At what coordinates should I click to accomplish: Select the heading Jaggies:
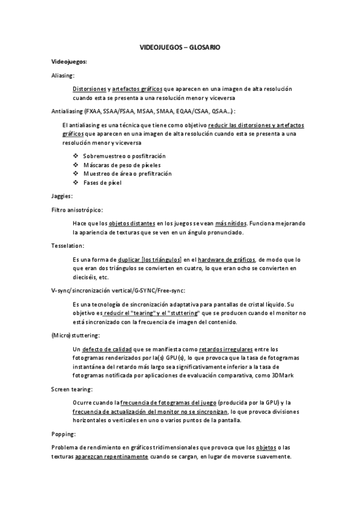pyautogui.click(x=63, y=196)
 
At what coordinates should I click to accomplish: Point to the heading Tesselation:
pyautogui.click(x=68, y=245)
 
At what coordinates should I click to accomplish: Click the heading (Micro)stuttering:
pyautogui.click(x=76, y=334)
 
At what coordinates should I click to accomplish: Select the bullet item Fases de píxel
pyautogui.click(x=102, y=182)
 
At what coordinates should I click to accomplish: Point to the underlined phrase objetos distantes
pyautogui.click(x=130, y=223)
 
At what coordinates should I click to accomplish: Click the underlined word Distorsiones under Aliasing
pyautogui.click(x=91, y=88)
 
